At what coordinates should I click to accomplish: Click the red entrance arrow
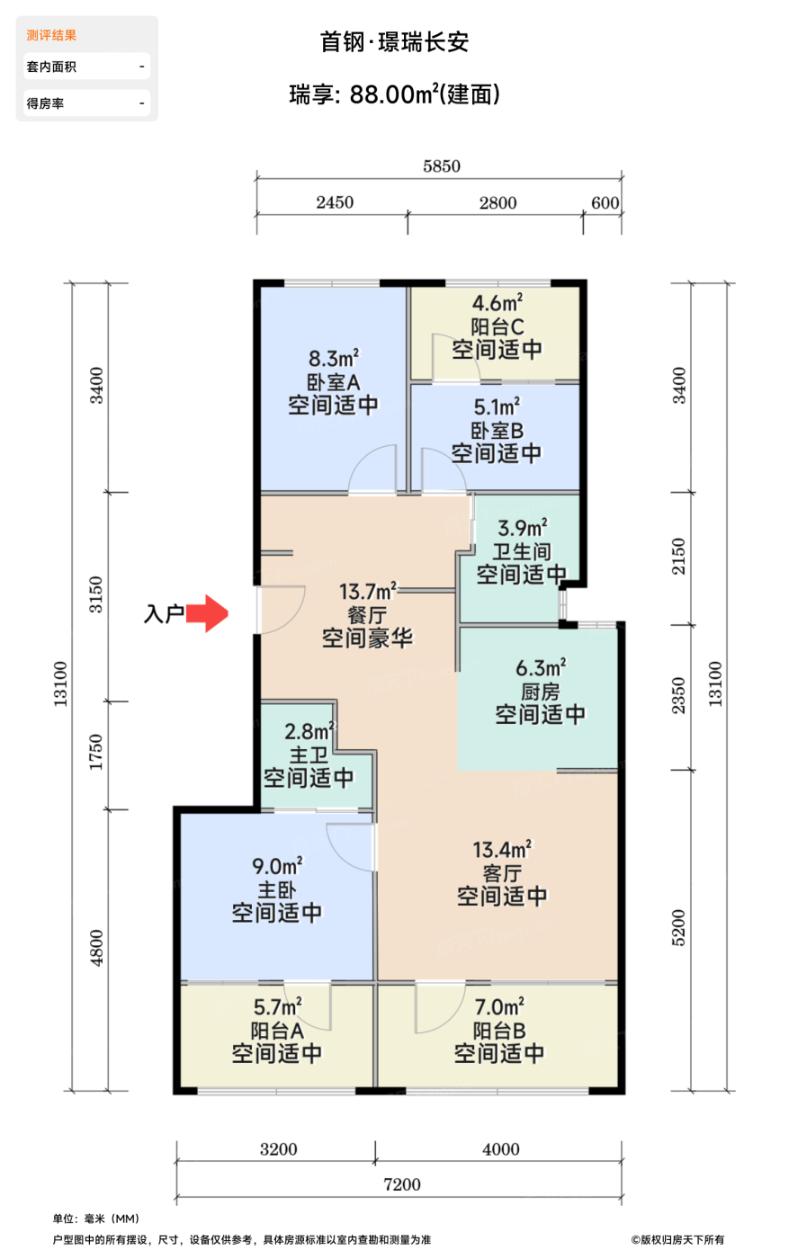(207, 613)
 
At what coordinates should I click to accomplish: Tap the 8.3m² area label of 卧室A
(334, 358)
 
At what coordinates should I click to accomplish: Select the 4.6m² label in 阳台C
(498, 303)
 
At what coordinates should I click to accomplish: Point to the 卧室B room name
(498, 431)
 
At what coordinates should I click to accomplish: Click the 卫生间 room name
(521, 551)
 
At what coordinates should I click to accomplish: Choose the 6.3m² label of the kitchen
(541, 667)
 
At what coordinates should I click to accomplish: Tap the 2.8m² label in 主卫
(309, 731)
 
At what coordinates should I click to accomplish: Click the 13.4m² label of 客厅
(502, 850)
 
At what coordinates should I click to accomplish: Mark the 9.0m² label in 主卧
(277, 866)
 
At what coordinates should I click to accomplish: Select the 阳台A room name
(277, 1031)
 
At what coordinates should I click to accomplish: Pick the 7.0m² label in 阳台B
(499, 1006)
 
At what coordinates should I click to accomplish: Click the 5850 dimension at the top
(442, 166)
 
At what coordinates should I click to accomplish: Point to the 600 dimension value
(605, 203)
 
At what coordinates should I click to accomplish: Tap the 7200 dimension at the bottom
(402, 1185)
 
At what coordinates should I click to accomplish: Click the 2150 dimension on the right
(679, 557)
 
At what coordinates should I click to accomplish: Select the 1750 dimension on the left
(96, 752)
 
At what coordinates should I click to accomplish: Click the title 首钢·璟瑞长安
(395, 42)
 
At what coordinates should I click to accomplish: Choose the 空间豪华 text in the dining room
(367, 638)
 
